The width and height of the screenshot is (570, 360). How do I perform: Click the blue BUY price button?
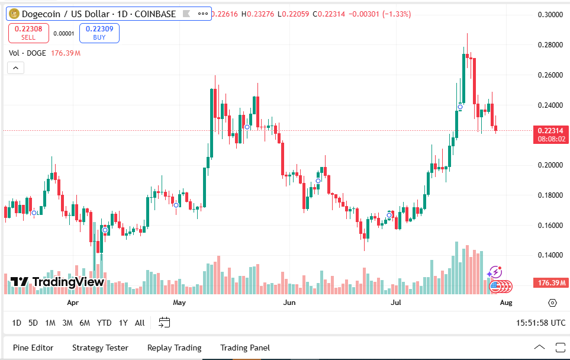[99, 33]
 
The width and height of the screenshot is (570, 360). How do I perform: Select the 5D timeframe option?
[33, 323]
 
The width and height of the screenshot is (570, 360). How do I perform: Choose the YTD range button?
[104, 323]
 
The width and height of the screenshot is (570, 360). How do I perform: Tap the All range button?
[140, 323]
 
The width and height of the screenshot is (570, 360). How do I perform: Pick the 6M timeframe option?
[85, 323]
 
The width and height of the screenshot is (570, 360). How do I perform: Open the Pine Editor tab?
[33, 348]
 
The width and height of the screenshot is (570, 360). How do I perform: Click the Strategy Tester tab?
[100, 348]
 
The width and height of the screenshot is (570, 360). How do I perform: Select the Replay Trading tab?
[174, 348]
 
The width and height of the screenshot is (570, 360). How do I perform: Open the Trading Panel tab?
[244, 348]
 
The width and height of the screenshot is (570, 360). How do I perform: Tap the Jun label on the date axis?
[289, 303]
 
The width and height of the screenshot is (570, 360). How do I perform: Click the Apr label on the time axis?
[73, 303]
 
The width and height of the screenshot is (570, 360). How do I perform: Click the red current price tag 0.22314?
[550, 130]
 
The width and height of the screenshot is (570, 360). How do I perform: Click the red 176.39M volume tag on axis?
[550, 282]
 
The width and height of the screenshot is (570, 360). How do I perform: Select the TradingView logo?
[57, 282]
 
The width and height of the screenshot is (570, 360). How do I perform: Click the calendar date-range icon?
[165, 323]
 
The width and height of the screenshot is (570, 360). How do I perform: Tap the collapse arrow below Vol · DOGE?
[15, 68]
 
